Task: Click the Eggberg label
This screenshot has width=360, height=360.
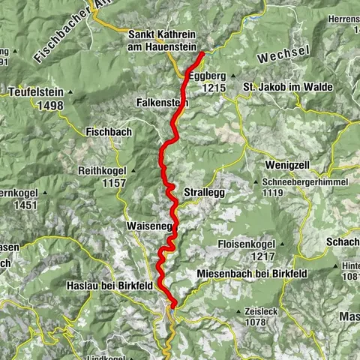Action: tap(207, 76)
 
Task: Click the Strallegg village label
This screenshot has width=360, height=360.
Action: tap(203, 191)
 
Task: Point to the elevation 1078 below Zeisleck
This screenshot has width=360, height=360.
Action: tap(254, 322)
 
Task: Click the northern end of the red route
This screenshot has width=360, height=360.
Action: tap(202, 53)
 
